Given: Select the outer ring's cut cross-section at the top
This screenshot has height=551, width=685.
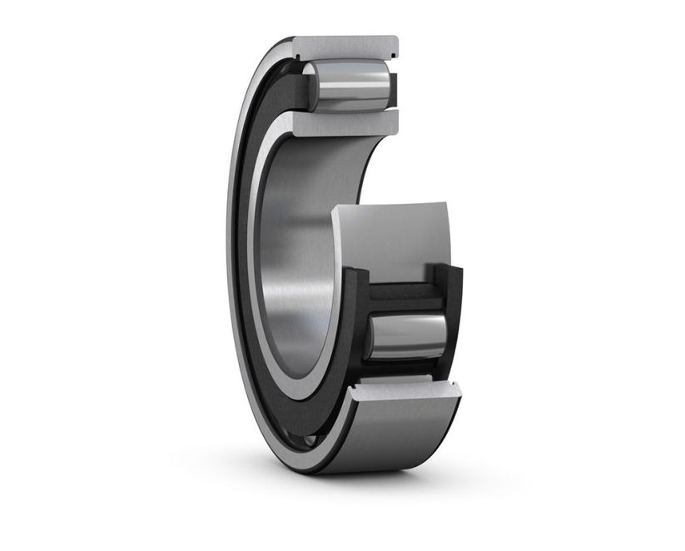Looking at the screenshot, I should click(350, 48).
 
